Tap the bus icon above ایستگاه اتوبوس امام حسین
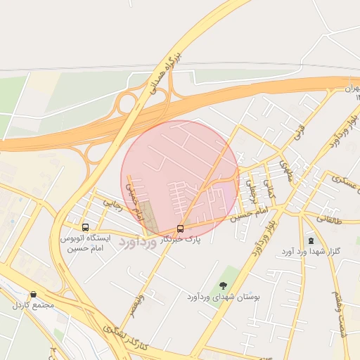point(85,227)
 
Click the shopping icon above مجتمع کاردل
point(32,295)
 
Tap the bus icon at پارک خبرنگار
point(181,229)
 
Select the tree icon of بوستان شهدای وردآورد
point(223,285)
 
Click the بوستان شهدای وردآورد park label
point(224,297)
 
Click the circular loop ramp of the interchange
point(127,104)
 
